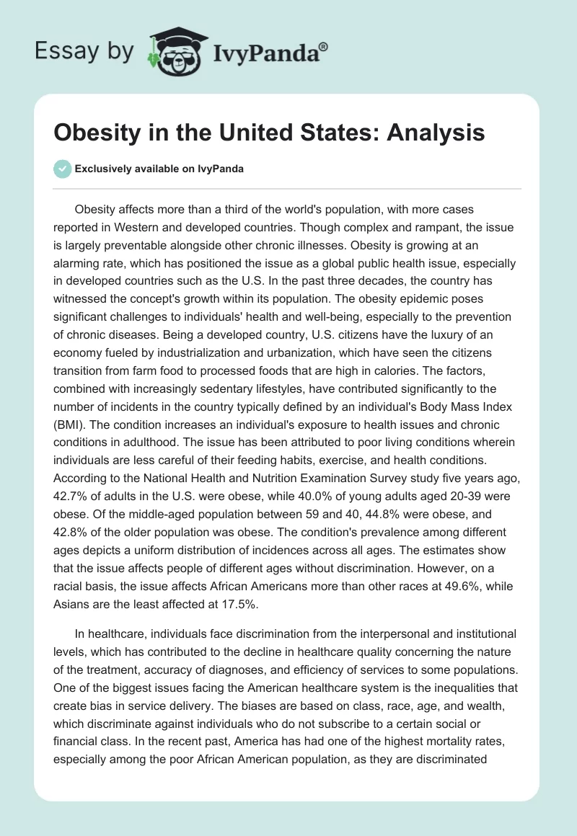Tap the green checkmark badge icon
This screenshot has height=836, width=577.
tap(62, 169)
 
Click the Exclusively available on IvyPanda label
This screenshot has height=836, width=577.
tap(159, 169)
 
